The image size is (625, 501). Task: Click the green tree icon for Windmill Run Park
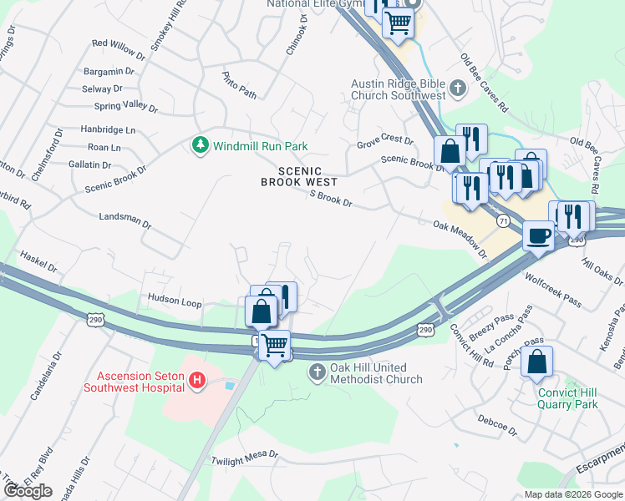click(x=201, y=146)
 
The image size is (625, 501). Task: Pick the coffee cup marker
click(x=537, y=236)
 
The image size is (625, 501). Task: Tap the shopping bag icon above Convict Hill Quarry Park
click(x=536, y=362)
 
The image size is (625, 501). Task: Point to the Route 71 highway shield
click(x=502, y=220)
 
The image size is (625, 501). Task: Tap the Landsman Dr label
click(x=124, y=224)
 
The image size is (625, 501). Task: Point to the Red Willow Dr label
click(x=119, y=43)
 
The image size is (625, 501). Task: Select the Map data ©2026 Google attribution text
click(x=573, y=494)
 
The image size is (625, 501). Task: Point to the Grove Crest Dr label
click(x=385, y=142)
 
